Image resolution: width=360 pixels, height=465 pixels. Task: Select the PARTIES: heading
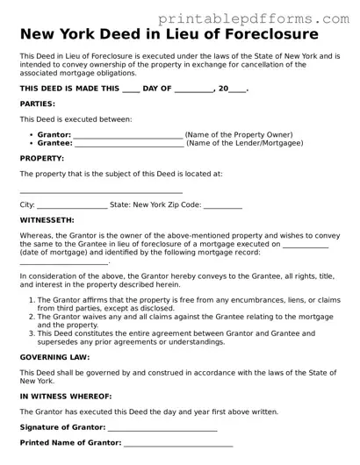(37, 104)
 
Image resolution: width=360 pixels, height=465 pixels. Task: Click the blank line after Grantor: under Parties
(128, 135)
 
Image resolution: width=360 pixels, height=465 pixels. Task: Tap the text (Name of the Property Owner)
(239, 135)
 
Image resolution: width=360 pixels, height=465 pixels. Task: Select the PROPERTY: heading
(41, 159)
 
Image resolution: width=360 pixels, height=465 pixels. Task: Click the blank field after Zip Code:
(223, 205)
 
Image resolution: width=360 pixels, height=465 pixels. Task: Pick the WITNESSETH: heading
(47, 220)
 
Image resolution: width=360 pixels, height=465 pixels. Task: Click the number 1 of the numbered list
(32, 300)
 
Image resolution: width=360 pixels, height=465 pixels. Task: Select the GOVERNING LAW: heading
(54, 357)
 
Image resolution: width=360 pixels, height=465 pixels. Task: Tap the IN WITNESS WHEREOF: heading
(65, 397)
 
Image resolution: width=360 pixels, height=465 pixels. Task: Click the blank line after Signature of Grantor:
(162, 428)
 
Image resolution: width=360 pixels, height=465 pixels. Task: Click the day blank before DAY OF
(131, 89)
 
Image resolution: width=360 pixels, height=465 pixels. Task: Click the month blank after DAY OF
(194, 89)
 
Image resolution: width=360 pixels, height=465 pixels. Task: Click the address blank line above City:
(101, 190)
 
